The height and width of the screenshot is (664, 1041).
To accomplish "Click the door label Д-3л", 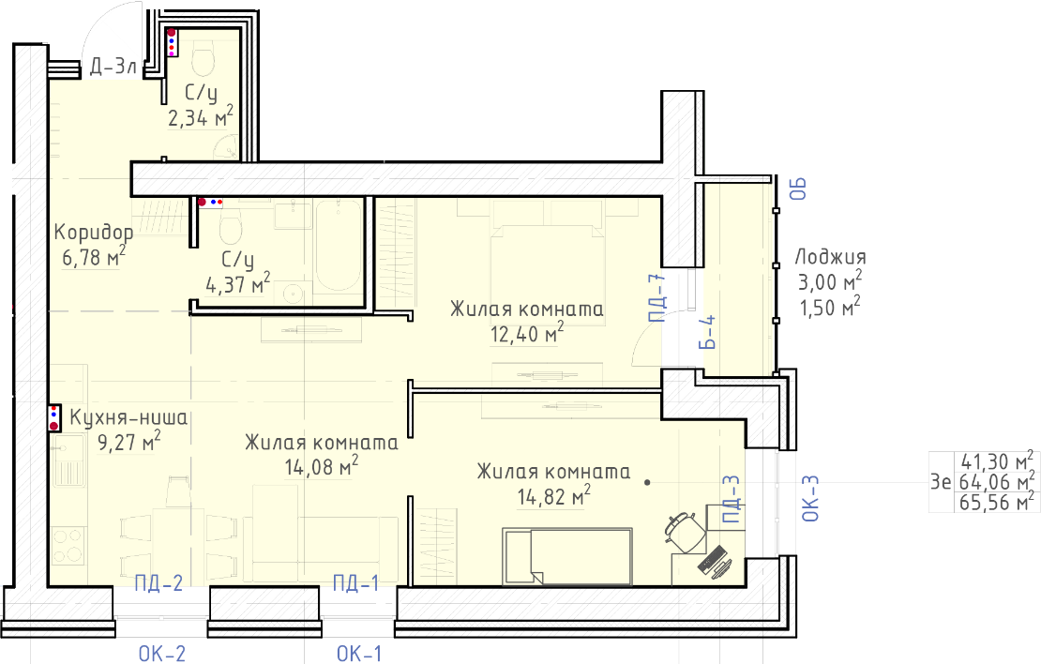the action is point(113,67).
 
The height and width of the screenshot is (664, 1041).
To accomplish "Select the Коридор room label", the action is point(94,232).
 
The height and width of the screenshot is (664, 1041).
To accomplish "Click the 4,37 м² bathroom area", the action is point(238,283).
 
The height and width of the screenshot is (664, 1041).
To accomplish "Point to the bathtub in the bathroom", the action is point(339,246).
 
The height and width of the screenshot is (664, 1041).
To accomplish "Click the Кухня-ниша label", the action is point(128,417).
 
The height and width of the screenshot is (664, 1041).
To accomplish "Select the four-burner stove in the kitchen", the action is point(68,546).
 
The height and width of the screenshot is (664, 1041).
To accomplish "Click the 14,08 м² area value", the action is point(322,466).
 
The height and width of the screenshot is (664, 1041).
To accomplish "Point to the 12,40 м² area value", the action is point(527,333).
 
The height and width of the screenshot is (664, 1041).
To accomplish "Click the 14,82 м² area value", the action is point(553,495).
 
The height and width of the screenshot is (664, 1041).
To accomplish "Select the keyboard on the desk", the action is point(711,560).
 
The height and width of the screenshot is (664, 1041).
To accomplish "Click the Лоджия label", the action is point(831,257).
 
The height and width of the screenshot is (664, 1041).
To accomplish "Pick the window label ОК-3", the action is point(810,498).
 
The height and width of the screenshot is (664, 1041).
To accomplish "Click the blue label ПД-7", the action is point(657,298).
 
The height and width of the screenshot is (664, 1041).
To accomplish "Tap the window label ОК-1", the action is point(359,654).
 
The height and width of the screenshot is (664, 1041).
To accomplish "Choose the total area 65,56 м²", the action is point(997,502).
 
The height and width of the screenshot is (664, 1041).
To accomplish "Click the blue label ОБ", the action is point(798,189).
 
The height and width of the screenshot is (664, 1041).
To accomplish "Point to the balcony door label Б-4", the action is point(708,332).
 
